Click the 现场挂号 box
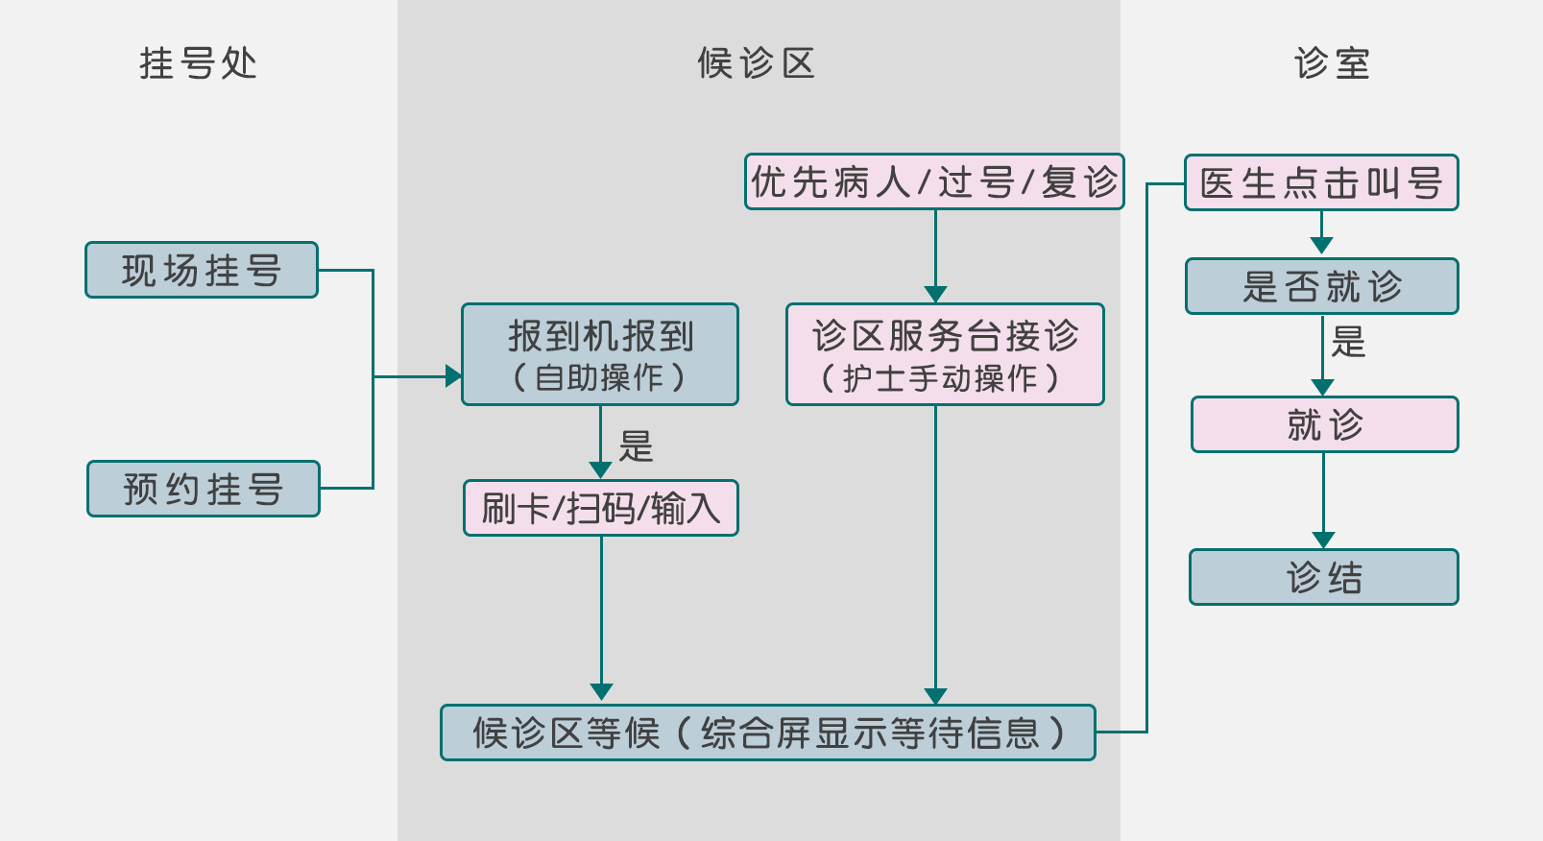pyautogui.click(x=202, y=270)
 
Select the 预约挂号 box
pyautogui.click(x=204, y=489)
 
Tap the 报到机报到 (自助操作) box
pyautogui.click(x=600, y=354)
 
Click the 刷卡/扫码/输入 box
pyautogui.click(x=601, y=508)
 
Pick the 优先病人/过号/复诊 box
pyautogui.click(x=934, y=181)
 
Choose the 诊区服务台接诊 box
pyautogui.click(x=945, y=354)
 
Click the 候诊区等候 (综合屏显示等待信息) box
pyautogui.click(x=768, y=733)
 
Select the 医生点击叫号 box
pyautogui.click(x=1321, y=182)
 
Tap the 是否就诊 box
pyautogui.click(x=1322, y=286)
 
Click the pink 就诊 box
pyautogui.click(x=1325, y=424)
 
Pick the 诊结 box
pyautogui.click(x=1324, y=577)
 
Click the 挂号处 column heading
pyautogui.click(x=198, y=63)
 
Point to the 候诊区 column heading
pyautogui.click(x=757, y=63)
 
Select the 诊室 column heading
pyautogui.click(x=1332, y=63)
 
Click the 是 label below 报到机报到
pyautogui.click(x=636, y=446)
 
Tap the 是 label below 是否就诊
pyautogui.click(x=1348, y=342)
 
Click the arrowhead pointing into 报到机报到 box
pyautogui.click(x=453, y=376)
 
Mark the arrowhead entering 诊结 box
pyautogui.click(x=1324, y=540)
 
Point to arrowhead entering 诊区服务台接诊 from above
pyautogui.click(x=935, y=294)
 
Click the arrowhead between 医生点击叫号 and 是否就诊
pyautogui.click(x=1322, y=246)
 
